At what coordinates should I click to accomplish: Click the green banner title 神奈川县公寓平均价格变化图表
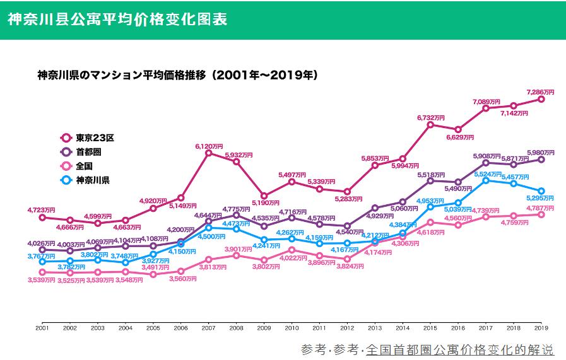(117, 19)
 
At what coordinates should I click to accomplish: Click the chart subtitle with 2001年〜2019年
(177, 74)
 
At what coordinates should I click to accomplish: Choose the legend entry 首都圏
(88, 152)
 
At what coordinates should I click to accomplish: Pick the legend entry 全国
(84, 166)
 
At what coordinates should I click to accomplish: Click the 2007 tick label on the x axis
(208, 328)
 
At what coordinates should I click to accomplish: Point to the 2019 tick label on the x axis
(541, 328)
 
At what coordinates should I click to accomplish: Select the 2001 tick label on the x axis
(42, 328)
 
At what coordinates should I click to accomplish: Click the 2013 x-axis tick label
(375, 328)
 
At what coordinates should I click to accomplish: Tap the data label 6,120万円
(209, 146)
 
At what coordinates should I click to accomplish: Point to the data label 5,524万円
(486, 173)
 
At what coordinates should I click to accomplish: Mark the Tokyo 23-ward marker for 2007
(209, 153)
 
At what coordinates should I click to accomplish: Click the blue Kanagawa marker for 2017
(486, 180)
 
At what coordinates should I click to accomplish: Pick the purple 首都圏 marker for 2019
(541, 160)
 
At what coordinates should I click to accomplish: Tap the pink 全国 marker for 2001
(42, 272)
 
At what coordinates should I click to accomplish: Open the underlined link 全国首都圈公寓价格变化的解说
(459, 349)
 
